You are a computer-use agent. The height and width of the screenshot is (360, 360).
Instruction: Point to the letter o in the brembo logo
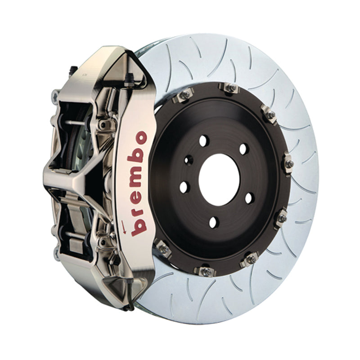point(140,138)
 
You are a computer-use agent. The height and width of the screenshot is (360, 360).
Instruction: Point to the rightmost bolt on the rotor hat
point(288,163)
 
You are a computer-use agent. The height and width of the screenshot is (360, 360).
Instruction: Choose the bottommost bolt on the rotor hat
point(205,271)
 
